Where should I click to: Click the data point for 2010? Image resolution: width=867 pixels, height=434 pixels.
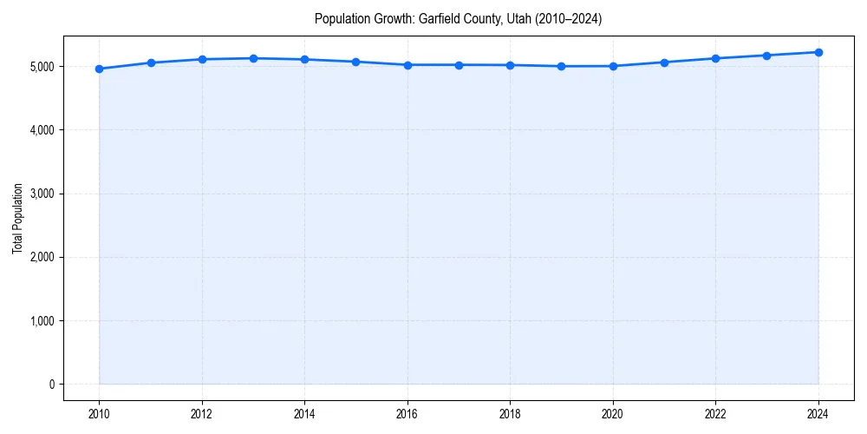tap(99, 69)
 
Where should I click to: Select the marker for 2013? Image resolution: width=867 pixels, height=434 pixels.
tap(253, 58)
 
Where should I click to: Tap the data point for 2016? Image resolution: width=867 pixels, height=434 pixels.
tap(407, 65)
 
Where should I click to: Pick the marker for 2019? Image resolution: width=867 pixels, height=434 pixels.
tap(562, 66)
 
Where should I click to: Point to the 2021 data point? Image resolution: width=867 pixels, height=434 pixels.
tap(664, 62)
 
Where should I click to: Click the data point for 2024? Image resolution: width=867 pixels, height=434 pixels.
tap(818, 52)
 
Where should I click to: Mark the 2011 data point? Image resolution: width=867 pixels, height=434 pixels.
tap(151, 62)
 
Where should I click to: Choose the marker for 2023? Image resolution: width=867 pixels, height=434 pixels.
tap(767, 56)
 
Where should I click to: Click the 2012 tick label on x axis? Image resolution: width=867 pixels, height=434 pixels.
tap(202, 413)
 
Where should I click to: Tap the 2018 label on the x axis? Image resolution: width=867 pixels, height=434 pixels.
tap(511, 413)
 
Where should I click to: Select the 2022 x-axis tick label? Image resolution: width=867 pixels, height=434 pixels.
tap(716, 413)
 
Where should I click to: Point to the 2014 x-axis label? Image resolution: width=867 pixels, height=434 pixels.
tap(304, 413)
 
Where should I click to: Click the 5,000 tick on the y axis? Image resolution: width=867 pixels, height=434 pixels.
tap(41, 67)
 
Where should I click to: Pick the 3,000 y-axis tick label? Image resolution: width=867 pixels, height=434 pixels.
tap(41, 194)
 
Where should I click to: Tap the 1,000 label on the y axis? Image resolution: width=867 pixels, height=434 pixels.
tap(41, 321)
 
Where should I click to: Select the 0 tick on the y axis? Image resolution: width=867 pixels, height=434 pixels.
tap(51, 385)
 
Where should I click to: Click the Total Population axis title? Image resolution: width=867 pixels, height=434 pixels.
tap(17, 219)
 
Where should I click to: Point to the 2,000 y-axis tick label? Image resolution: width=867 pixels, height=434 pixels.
tap(41, 258)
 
